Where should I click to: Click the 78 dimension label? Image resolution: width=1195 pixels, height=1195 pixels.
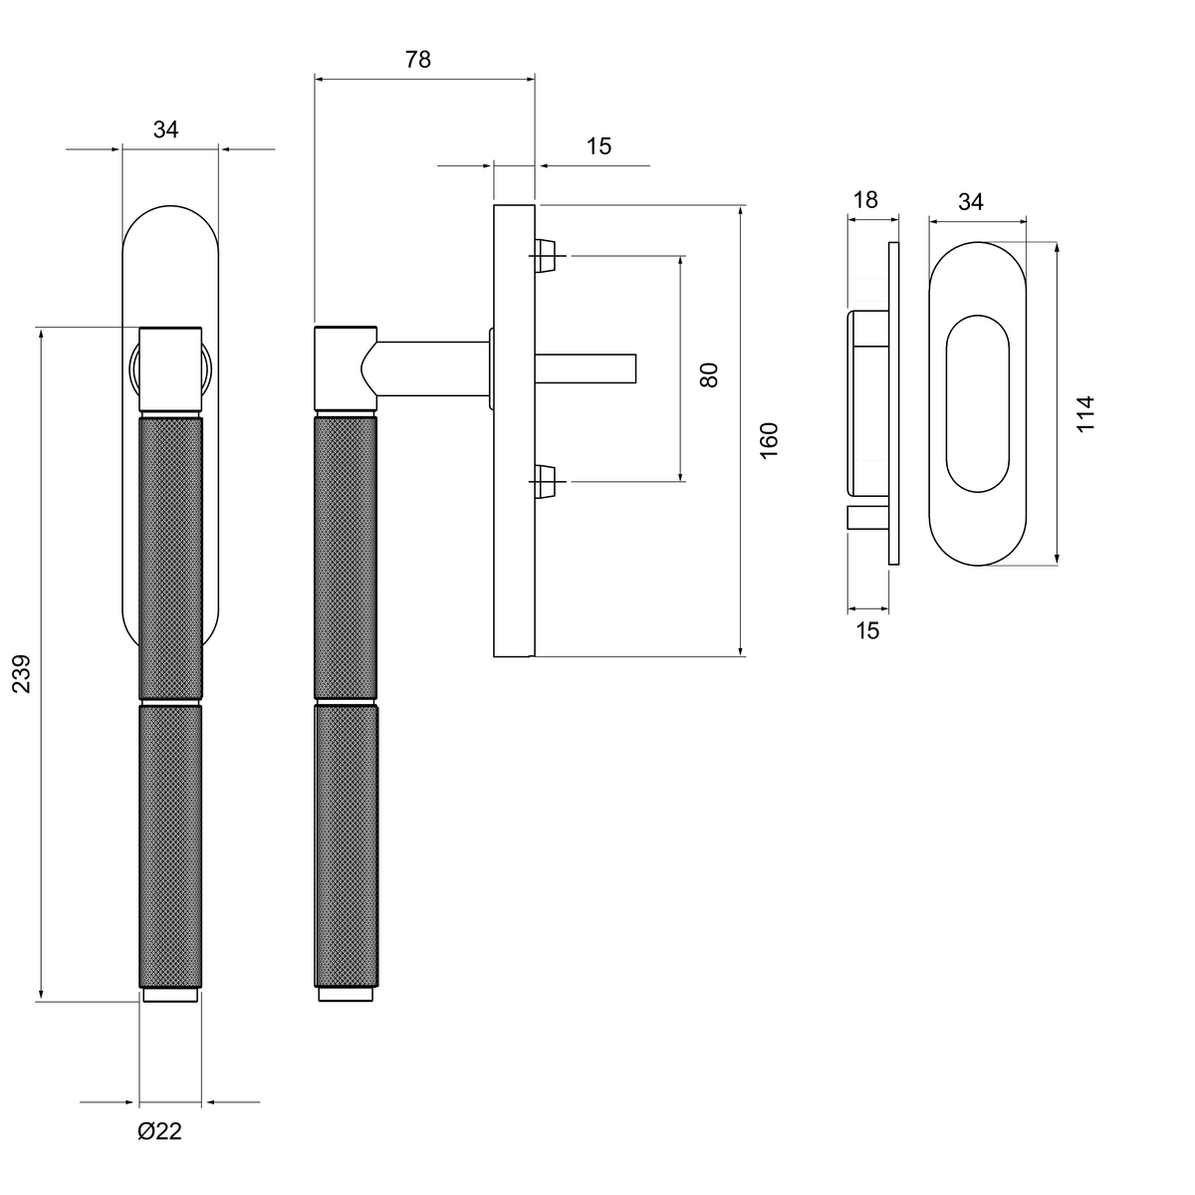pos(417,60)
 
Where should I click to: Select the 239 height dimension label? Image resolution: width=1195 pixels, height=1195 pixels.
pos(22,673)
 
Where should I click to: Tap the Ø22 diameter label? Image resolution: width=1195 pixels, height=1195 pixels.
pos(159,1131)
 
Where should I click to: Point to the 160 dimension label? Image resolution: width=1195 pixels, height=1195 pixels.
pos(769,441)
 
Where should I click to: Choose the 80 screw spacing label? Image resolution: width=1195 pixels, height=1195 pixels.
pos(708,375)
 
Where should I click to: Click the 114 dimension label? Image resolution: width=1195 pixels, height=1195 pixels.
pos(1085,413)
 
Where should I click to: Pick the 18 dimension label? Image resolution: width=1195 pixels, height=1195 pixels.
pos(865,200)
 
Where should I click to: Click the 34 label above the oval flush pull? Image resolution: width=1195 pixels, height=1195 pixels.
pos(971,201)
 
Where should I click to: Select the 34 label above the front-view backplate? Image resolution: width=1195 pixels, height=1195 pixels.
pos(165,129)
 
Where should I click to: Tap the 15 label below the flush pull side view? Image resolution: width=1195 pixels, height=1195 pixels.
pos(867,630)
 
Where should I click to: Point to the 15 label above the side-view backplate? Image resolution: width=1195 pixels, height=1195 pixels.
pos(598,146)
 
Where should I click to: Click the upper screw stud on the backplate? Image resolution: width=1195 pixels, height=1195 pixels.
pos(544,256)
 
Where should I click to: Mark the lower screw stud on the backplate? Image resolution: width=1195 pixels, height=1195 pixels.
pos(544,481)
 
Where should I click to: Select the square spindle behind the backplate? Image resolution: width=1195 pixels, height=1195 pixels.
pos(586,369)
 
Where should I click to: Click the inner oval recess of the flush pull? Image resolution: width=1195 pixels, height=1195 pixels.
pos(977,403)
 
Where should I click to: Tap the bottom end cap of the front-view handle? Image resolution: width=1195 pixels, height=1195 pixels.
pos(170,995)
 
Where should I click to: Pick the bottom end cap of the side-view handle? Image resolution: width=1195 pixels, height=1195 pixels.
pos(346,994)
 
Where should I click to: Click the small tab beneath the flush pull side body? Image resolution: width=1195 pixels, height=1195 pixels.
pos(867,518)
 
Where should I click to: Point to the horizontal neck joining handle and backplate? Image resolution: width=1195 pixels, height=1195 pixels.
pos(433,368)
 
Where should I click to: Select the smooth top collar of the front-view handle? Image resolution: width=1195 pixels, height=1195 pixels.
pos(170,369)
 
